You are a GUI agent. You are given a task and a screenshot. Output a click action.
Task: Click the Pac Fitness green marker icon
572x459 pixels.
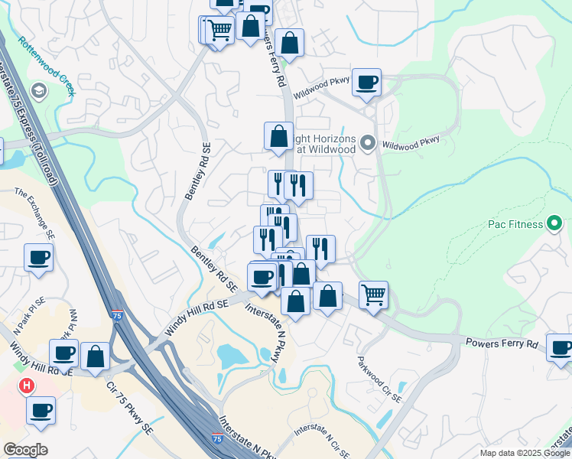[554, 224]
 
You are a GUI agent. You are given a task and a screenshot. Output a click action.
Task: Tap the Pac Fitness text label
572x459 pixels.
[515, 225]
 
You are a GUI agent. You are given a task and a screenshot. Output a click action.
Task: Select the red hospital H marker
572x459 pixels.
[27, 386]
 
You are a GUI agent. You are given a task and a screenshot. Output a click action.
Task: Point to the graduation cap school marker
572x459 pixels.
[39, 92]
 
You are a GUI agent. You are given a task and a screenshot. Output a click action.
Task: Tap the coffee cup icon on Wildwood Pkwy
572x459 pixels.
[367, 82]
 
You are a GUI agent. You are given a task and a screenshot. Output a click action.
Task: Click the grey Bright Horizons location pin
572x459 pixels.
[368, 143]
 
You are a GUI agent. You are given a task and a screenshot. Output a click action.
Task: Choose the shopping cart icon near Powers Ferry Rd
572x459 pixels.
[373, 293]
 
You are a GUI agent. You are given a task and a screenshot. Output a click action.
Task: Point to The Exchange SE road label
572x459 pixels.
[35, 214]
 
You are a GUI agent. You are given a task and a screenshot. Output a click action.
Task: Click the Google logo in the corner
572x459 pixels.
[25, 450]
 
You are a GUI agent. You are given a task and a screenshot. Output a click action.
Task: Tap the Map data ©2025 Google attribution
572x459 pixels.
[525, 453]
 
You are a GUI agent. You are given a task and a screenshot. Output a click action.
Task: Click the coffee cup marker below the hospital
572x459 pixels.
[41, 409]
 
